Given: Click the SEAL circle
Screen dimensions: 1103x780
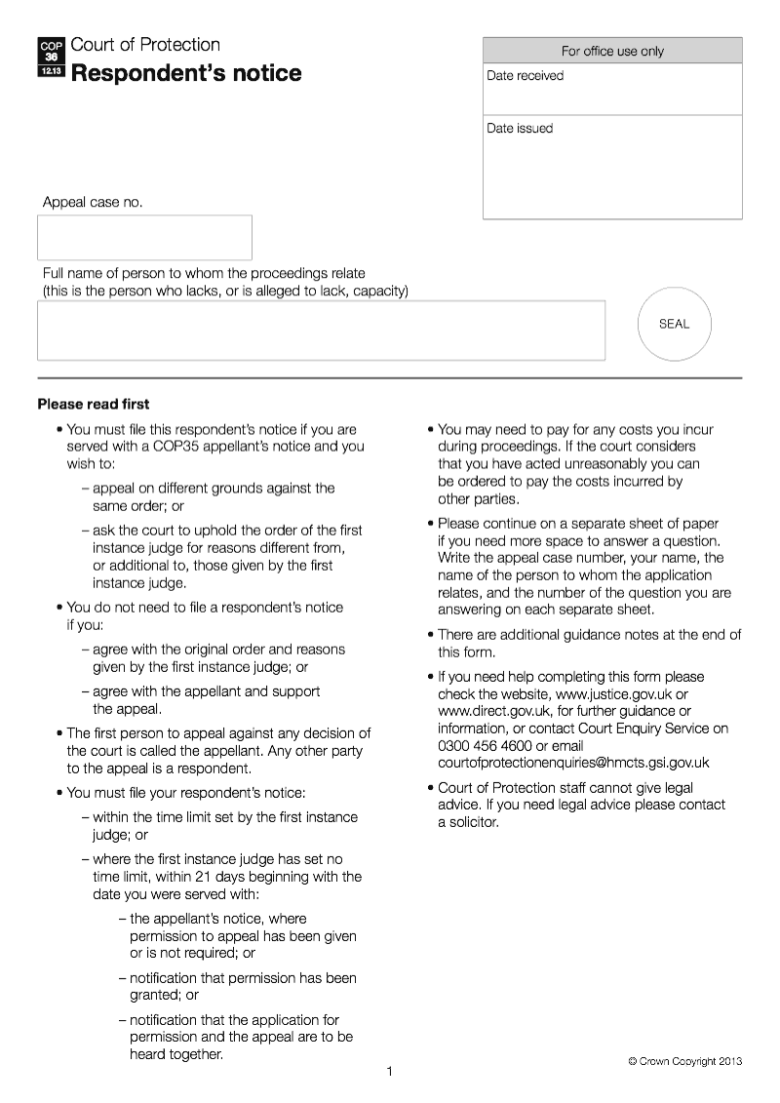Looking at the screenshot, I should pos(674,325).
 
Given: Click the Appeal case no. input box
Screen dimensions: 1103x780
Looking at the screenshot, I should pos(144,238).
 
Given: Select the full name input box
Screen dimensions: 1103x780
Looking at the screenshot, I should pos(321,331).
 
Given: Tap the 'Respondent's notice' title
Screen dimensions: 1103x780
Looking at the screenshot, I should pos(186,74).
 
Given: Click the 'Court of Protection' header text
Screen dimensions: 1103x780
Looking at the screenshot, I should pos(145,45).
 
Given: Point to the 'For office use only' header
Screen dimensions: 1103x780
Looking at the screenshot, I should pos(612,51).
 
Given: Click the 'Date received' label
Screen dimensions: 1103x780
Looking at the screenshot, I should pos(526,76).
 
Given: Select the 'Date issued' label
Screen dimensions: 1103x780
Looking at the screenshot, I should pos(520,129).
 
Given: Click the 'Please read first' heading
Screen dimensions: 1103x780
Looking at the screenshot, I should pos(94,404).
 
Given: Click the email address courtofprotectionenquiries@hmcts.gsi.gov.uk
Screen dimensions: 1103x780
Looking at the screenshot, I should pos(573,764).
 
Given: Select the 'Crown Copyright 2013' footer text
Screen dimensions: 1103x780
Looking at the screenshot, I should pos(684,1061).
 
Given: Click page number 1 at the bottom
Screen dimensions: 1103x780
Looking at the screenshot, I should pos(389,1073).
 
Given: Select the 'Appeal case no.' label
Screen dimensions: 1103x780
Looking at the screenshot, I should pos(92,203).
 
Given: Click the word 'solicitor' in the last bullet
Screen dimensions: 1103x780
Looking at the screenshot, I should pos(473,822).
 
